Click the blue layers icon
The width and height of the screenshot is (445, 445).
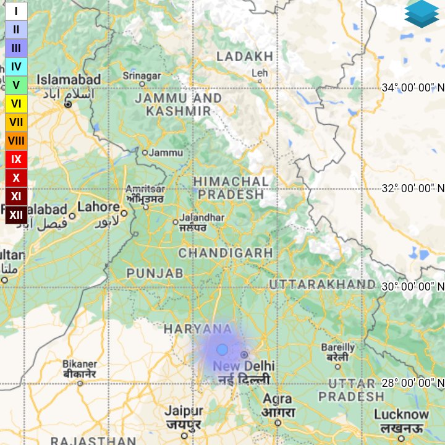(x=422, y=14)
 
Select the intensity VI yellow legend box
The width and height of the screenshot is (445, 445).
(x=16, y=104)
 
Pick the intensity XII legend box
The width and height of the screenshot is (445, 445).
(x=16, y=214)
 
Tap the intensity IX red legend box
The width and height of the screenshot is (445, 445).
(x=16, y=159)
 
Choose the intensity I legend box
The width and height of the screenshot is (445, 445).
(x=16, y=11)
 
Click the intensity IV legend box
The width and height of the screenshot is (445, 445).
(x=16, y=67)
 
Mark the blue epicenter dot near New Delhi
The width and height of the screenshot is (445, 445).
(x=222, y=350)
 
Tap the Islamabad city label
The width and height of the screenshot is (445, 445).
(x=69, y=80)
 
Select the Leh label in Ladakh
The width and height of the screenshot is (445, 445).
(x=260, y=74)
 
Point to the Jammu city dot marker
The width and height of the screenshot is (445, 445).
(x=145, y=152)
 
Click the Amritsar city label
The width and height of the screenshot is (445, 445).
(x=145, y=189)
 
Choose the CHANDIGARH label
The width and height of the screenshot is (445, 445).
(x=226, y=253)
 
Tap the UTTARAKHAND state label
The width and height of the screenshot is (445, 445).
(x=322, y=284)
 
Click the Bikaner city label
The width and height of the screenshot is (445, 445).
(x=80, y=364)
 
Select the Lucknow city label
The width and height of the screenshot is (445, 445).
(x=401, y=414)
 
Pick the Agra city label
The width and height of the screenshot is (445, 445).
(x=277, y=399)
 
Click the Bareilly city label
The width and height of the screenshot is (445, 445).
(x=338, y=348)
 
